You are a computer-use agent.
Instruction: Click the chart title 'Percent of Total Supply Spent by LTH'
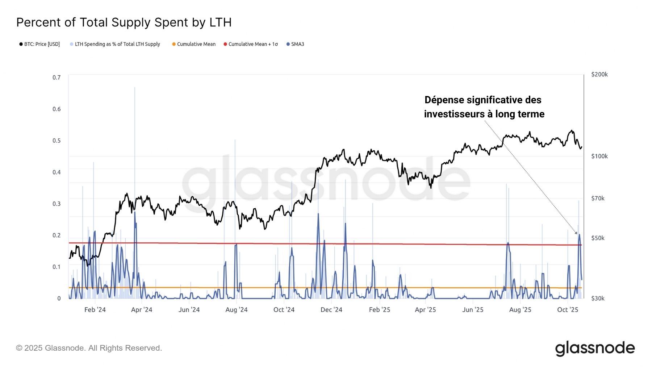(124, 22)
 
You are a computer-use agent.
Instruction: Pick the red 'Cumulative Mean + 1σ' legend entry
(251, 44)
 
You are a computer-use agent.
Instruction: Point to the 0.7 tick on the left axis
(57, 78)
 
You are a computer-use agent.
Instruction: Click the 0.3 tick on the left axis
(57, 204)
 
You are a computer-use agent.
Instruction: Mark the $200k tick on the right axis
(599, 75)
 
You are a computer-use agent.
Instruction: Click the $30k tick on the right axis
(598, 299)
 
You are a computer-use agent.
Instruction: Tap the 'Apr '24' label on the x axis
(142, 310)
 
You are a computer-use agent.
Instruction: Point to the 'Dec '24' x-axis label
(331, 310)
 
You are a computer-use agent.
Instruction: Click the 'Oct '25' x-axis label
(568, 310)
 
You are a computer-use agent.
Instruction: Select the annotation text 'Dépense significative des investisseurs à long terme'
(484, 107)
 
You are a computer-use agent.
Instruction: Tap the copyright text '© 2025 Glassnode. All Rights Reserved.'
(89, 348)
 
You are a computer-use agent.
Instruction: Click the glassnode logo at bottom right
(595, 348)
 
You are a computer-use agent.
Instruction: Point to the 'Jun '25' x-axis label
(473, 310)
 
